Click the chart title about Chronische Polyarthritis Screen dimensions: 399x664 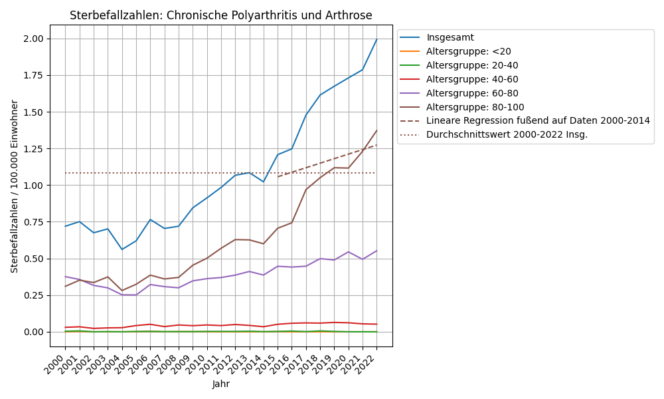pyautogui.click(x=221, y=15)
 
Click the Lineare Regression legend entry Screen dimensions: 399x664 pyautogui.click(x=538, y=120)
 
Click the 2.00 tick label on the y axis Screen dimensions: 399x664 pyautogui.click(x=33, y=39)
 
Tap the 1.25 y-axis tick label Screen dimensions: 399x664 pyautogui.click(x=33, y=149)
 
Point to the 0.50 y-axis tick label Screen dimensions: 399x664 pyautogui.click(x=33, y=259)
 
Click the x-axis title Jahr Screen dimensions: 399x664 pyautogui.click(x=221, y=384)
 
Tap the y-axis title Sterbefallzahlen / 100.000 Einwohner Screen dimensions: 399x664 pyautogui.click(x=15, y=186)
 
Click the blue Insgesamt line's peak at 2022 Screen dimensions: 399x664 pyautogui.click(x=376, y=39)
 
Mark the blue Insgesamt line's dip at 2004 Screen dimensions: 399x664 pyautogui.click(x=122, y=249)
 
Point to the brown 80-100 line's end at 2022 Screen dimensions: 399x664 pyautogui.click(x=376, y=131)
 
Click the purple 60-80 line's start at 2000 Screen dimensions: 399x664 pyautogui.click(x=65, y=277)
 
